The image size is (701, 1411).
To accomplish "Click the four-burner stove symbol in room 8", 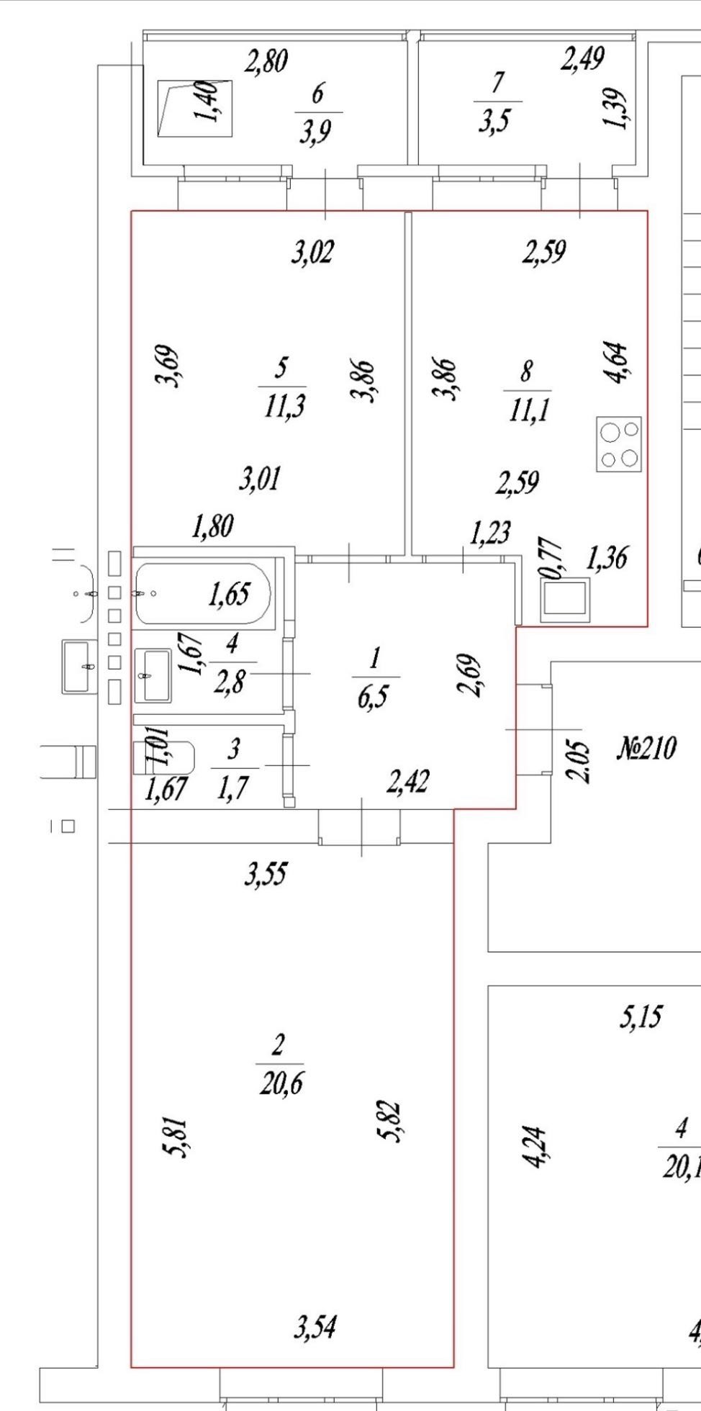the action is click(618, 444).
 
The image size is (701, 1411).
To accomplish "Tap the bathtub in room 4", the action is click(202, 595).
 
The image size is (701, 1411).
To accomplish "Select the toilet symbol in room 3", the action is click(164, 758).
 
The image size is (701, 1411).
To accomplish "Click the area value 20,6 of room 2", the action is click(281, 1082).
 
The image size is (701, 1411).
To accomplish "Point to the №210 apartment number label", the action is click(646, 749).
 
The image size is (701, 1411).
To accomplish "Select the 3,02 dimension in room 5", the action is click(313, 253).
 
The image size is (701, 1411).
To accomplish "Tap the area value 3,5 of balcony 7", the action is click(494, 120).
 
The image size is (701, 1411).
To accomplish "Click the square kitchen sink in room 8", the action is click(566, 600).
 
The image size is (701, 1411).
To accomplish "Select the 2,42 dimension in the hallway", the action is click(408, 781).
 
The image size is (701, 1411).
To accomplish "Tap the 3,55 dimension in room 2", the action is click(266, 875).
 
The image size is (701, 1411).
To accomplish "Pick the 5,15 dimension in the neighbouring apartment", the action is click(641, 1016).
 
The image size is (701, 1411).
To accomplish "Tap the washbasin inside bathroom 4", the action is click(153, 675).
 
